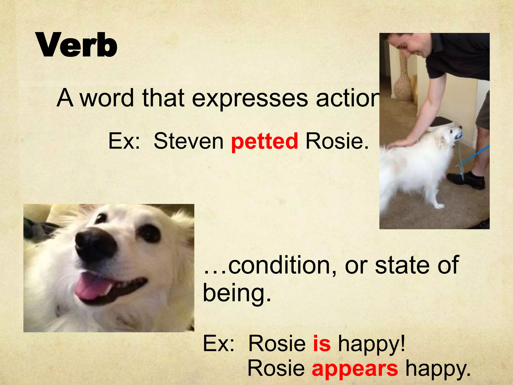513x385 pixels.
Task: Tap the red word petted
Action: pyautogui.click(x=265, y=141)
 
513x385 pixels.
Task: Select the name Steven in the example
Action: pyautogui.click(x=188, y=141)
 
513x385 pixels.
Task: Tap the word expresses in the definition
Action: pyautogui.click(x=250, y=98)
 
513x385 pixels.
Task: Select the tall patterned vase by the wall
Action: pyautogui.click(x=403, y=80)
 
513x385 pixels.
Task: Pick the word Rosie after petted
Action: pyautogui.click(x=337, y=141)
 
